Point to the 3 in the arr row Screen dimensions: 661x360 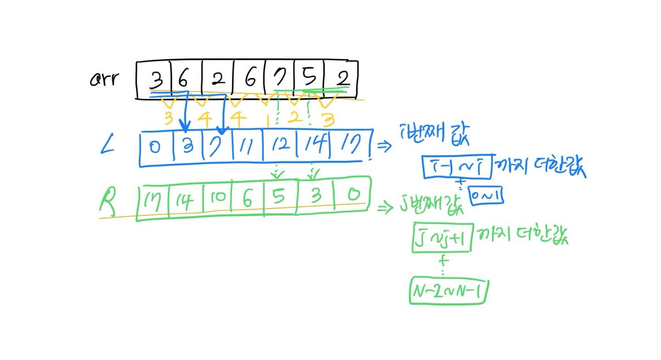click(x=157, y=81)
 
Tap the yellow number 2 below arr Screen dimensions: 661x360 click(x=293, y=118)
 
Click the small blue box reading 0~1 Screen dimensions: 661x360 click(x=487, y=197)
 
